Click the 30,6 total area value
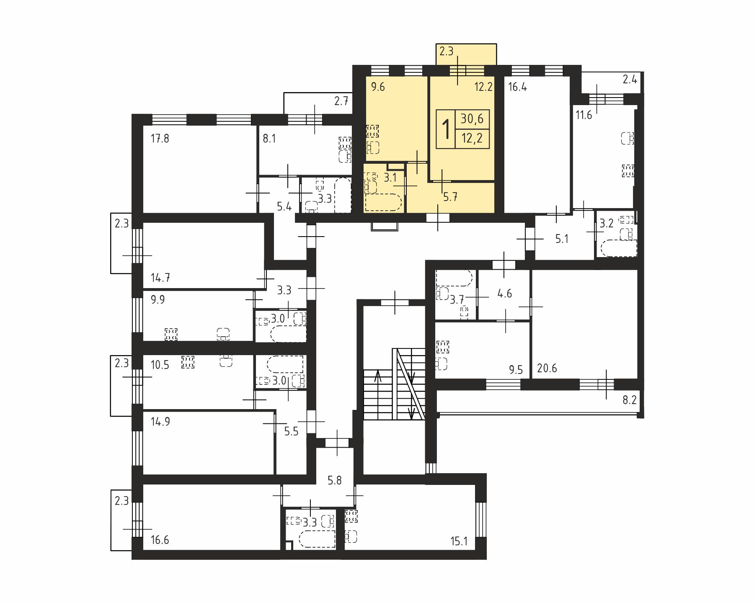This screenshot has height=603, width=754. [x=472, y=119]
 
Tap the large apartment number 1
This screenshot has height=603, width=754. [x=447, y=129]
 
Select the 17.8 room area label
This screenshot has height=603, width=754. [x=160, y=138]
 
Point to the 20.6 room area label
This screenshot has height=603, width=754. [x=547, y=368]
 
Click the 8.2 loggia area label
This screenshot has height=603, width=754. [x=630, y=400]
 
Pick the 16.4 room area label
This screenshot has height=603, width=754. [x=517, y=87]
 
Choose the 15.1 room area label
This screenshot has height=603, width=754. [x=459, y=541]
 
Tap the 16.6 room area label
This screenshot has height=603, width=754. [x=160, y=540]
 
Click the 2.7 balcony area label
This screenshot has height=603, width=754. [x=341, y=100]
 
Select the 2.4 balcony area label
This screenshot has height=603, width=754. [x=630, y=79]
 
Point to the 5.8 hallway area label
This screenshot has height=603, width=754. [x=335, y=480]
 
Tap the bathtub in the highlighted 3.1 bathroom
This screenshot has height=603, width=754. [x=384, y=202]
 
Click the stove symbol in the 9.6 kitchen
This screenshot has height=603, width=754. [x=372, y=131]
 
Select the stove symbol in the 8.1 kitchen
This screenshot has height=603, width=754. [x=344, y=143]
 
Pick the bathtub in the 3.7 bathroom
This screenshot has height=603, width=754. [x=454, y=278]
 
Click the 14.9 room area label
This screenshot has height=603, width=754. [x=160, y=421]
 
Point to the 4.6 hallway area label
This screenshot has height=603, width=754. [x=505, y=294]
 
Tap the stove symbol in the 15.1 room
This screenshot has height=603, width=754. [x=351, y=516]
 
